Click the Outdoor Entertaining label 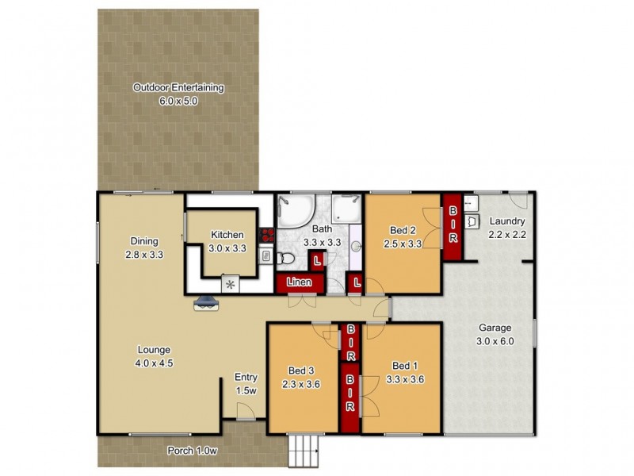pos(178,88)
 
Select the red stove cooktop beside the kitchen pos(266,236)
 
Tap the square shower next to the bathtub pos(346,209)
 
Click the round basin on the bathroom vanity pos(356,247)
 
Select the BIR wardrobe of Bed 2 pos(453,226)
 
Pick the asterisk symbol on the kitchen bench pos(231,283)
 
